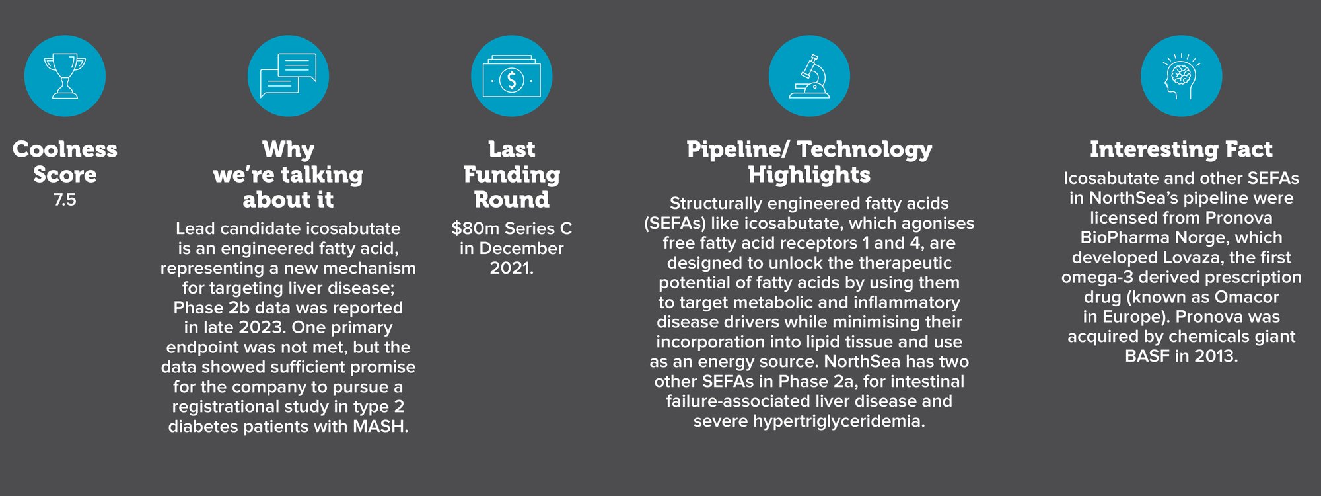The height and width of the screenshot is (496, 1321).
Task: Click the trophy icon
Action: [65, 77]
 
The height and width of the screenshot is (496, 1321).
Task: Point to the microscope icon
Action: [810, 77]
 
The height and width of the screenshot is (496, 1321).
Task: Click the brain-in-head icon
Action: [1182, 77]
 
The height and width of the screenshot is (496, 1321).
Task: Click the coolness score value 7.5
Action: [65, 200]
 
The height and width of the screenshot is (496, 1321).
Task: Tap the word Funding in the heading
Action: [512, 175]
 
